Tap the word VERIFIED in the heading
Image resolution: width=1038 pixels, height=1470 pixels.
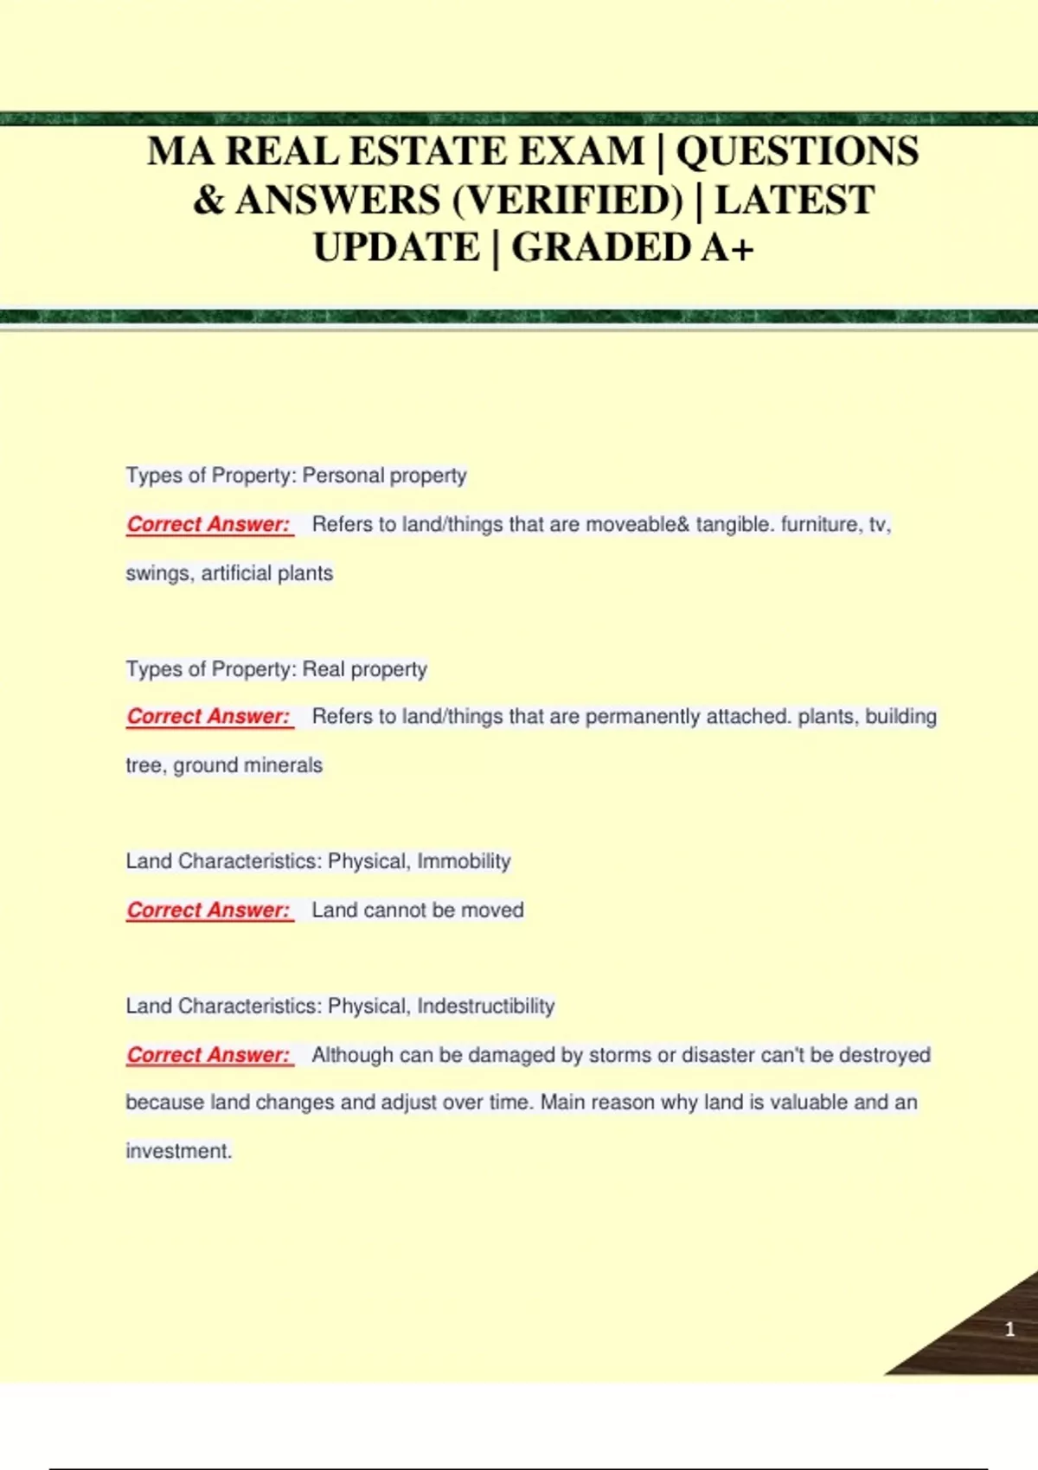pyautogui.click(x=567, y=201)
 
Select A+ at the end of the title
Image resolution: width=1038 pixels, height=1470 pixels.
pyautogui.click(x=728, y=248)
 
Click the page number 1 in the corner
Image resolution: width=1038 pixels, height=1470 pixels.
pyautogui.click(x=1009, y=1329)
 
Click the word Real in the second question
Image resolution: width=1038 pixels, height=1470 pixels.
pyautogui.click(x=324, y=669)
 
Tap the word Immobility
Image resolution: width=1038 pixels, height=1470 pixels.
pyautogui.click(x=464, y=861)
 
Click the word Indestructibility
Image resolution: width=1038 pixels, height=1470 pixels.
pyautogui.click(x=485, y=1007)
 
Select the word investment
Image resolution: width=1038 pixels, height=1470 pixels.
pyautogui.click(x=178, y=1151)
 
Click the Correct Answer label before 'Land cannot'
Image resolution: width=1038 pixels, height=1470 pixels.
pyautogui.click(x=208, y=910)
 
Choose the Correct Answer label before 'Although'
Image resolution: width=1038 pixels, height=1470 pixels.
pyautogui.click(x=208, y=1055)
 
